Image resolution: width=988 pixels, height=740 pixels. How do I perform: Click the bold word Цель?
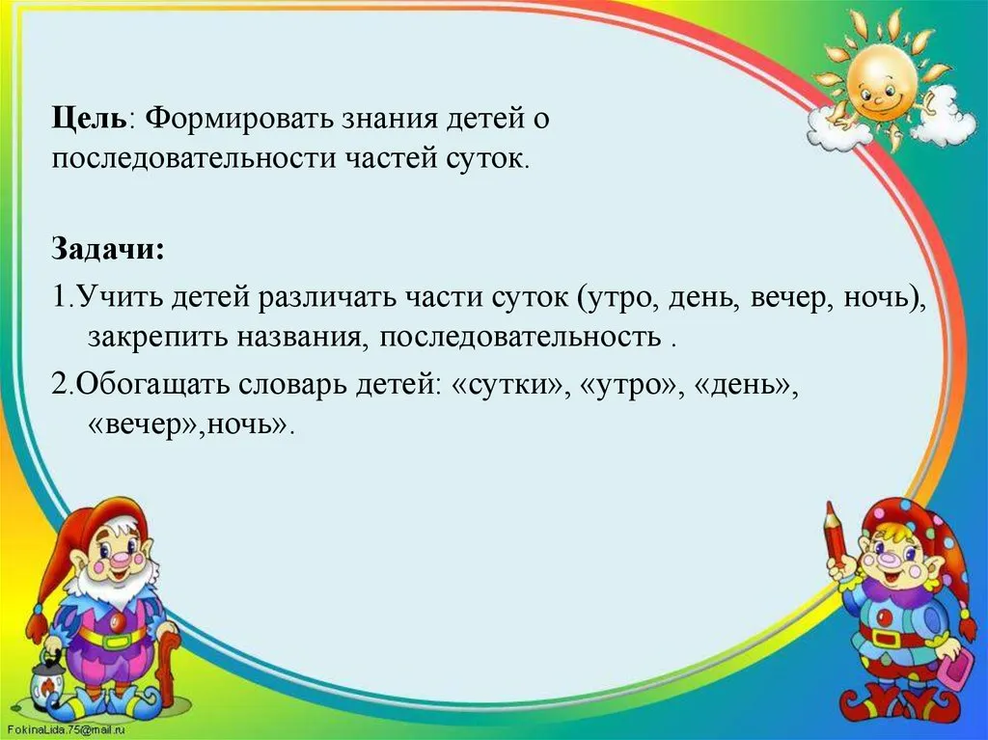(89, 119)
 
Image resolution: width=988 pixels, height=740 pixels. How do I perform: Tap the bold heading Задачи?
(108, 250)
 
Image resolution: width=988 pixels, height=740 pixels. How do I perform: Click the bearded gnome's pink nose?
(121, 559)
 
